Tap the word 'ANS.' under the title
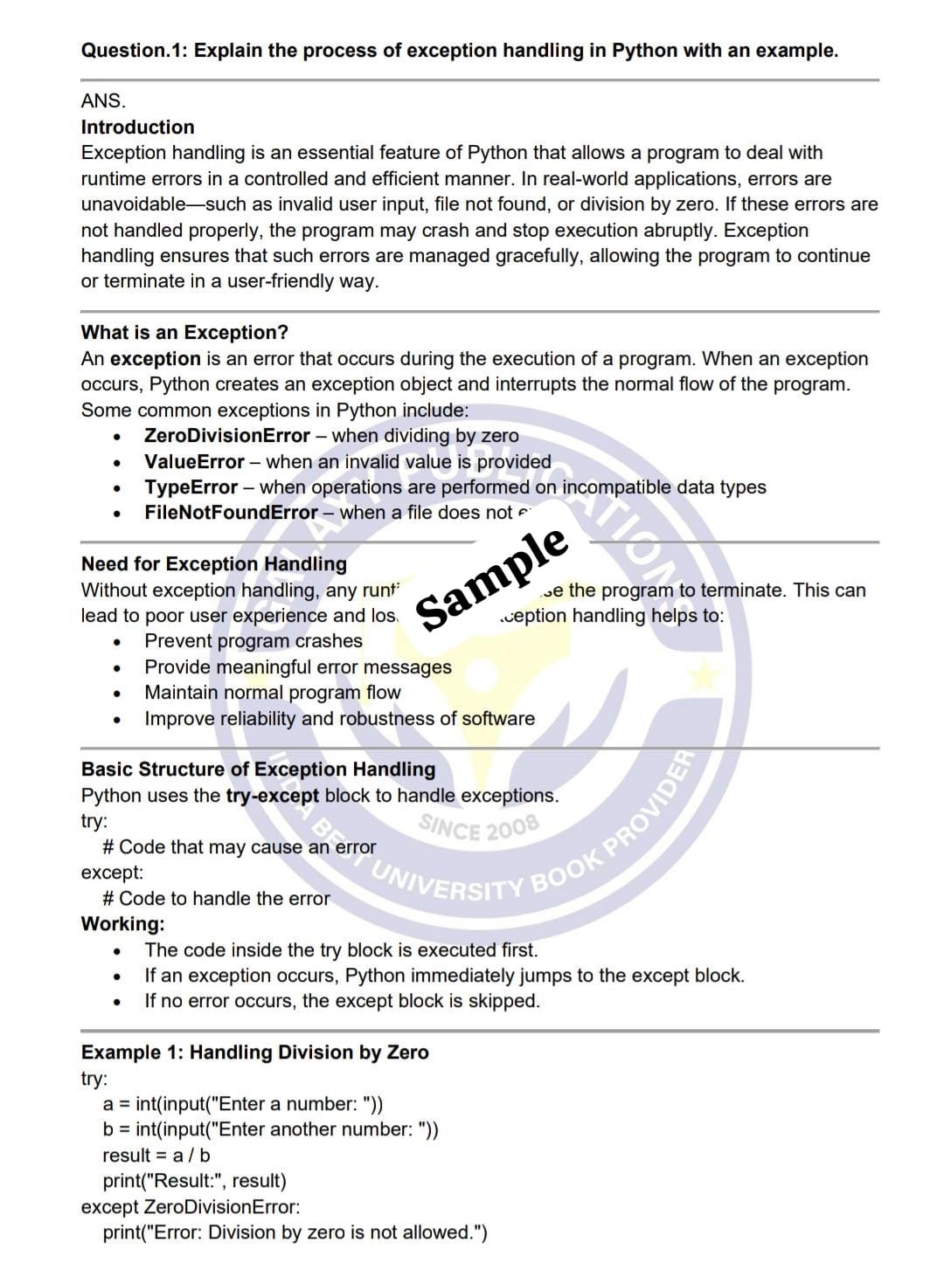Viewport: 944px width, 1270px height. [103, 101]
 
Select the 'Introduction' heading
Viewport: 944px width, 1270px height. [137, 128]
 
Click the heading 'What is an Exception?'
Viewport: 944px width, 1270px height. [184, 333]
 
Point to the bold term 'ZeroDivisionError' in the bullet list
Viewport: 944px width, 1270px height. [226, 436]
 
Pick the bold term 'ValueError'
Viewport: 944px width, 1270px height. [194, 462]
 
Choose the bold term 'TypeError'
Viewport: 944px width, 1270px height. [191, 487]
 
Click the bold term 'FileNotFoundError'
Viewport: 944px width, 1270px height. [231, 513]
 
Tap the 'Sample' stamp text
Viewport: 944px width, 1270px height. [492, 577]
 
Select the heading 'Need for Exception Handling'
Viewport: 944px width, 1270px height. [213, 564]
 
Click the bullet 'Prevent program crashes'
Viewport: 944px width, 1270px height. [253, 641]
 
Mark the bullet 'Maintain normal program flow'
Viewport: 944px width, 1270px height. [273, 693]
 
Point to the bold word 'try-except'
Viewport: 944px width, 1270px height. [272, 796]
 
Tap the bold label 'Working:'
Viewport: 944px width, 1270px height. [122, 924]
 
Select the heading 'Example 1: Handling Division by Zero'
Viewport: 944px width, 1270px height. [254, 1053]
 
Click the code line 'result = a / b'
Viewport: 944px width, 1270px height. [156, 1156]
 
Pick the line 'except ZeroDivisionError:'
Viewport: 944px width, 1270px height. [191, 1207]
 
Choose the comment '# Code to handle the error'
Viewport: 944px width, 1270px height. [216, 899]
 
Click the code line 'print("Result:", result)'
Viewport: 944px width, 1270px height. [194, 1181]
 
